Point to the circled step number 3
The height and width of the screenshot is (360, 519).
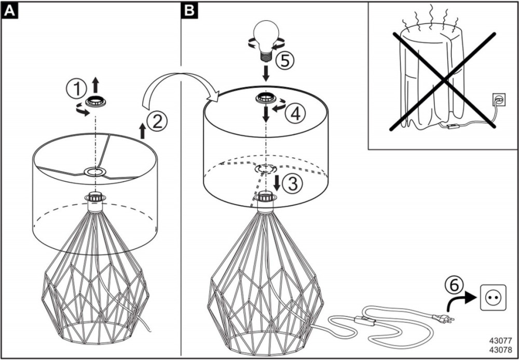[x=294, y=183]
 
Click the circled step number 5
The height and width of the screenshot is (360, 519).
[x=285, y=61]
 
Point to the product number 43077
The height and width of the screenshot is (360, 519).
[x=501, y=341]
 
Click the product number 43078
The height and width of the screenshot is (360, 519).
[x=501, y=349]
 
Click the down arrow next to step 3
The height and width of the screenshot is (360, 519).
[x=277, y=182]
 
